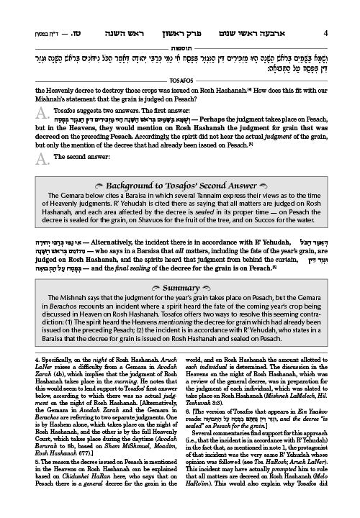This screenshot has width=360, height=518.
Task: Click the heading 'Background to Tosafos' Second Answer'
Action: click(180, 198)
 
